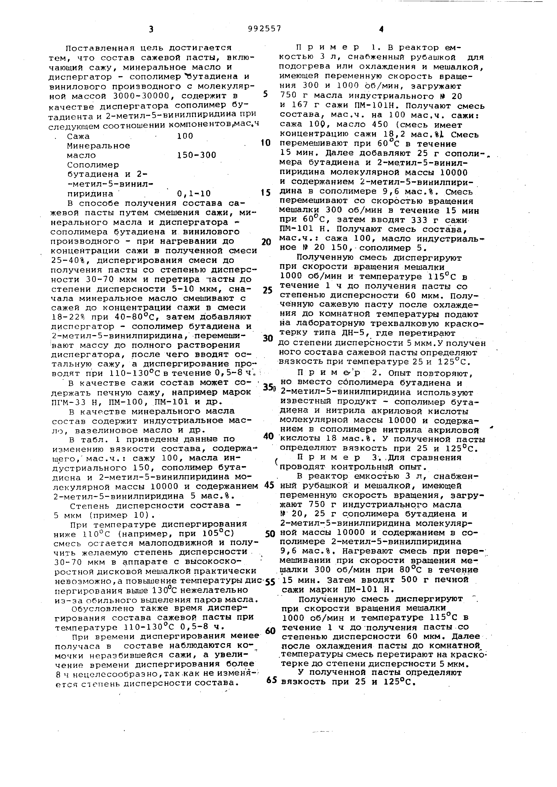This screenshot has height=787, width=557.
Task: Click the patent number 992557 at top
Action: [x=264, y=29]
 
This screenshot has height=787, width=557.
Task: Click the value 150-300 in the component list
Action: [x=197, y=155]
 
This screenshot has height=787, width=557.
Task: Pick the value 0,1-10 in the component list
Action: [x=194, y=194]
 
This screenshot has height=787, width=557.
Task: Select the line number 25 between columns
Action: [x=267, y=291]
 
